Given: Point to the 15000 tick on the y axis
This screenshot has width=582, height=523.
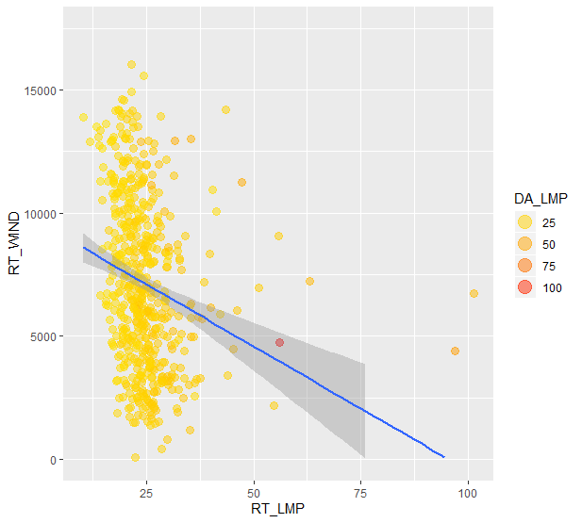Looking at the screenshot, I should coord(43,90).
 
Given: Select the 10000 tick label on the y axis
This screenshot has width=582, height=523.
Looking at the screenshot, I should coord(43,214).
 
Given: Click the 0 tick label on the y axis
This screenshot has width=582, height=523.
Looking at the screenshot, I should coord(56,460).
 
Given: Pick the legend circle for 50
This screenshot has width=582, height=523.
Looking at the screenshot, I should coord(525,243).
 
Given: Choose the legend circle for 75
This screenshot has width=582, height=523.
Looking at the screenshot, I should coord(525,265).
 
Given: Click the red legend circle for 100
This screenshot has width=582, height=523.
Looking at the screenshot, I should coord(525,287).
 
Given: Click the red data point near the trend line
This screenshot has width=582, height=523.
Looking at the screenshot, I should coord(279,342).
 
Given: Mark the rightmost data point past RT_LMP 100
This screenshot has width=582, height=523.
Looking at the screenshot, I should coord(474,293).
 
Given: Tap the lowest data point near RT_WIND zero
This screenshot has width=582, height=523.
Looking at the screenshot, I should coord(135,457).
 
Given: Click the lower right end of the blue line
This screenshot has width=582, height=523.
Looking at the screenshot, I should coord(442,457).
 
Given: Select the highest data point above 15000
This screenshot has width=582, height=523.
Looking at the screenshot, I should coord(131,64).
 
